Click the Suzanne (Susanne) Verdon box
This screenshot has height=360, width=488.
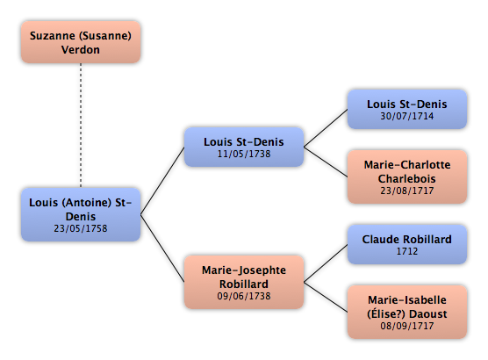(x=81, y=42)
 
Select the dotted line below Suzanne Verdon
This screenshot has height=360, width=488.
(x=81, y=126)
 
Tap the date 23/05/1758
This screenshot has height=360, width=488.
(x=81, y=228)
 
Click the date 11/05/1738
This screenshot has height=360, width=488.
(x=244, y=154)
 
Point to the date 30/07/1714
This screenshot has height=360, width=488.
(x=407, y=116)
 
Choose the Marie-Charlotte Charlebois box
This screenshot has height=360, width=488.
(x=407, y=176)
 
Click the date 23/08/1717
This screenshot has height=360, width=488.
(x=407, y=191)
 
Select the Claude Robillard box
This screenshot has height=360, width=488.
(x=407, y=244)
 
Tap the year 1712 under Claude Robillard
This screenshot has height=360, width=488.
(x=407, y=251)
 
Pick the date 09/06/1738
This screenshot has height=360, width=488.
(x=244, y=296)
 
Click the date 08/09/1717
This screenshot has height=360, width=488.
(x=407, y=326)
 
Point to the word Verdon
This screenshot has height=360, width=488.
(x=81, y=50)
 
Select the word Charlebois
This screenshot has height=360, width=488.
(x=407, y=179)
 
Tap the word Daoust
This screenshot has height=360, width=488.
(x=428, y=314)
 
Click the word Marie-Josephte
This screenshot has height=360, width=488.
(x=244, y=270)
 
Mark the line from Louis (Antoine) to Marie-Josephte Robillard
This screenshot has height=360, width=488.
(x=162, y=248)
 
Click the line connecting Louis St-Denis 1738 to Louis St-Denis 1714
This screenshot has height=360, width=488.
(x=326, y=128)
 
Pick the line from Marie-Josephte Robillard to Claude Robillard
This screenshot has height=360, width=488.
(x=326, y=263)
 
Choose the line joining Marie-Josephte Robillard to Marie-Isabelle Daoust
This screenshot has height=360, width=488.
(x=326, y=297)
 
